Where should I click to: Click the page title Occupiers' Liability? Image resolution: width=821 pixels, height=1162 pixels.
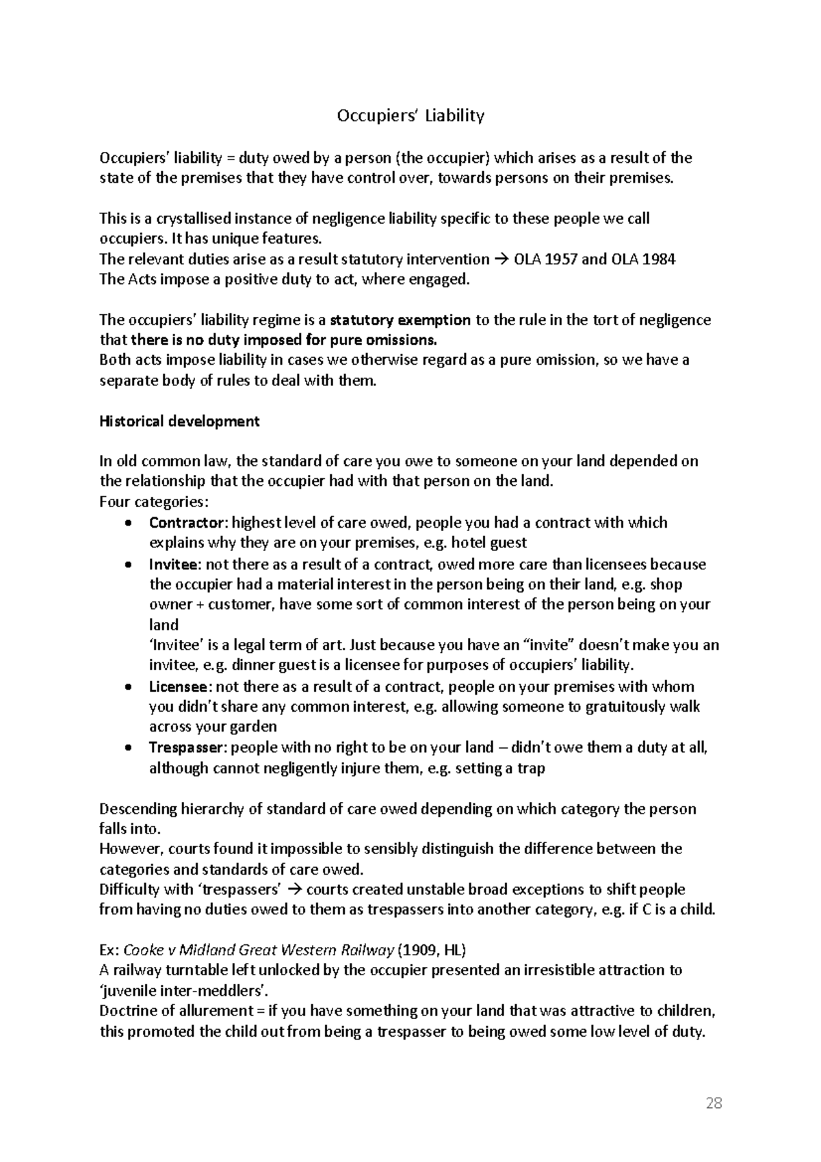[x=410, y=116]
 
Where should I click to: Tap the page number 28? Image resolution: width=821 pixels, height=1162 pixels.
[x=714, y=1103]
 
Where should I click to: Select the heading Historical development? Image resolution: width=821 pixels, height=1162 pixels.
[x=179, y=422]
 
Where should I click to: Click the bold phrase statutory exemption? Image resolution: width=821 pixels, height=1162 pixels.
[x=400, y=320]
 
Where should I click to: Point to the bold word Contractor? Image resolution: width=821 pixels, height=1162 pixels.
[x=187, y=523]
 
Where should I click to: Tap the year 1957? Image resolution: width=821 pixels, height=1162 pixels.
[x=560, y=259]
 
